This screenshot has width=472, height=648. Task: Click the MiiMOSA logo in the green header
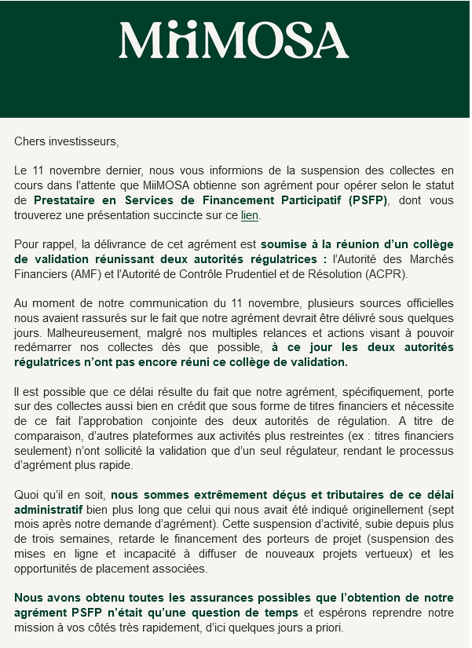click(233, 41)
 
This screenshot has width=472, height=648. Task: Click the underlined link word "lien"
click(250, 214)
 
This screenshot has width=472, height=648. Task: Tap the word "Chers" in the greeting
click(30, 141)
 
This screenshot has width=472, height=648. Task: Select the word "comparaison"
click(49, 436)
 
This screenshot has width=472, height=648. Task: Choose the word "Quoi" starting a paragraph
click(27, 495)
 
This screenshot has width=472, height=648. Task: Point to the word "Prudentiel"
click(276, 274)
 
